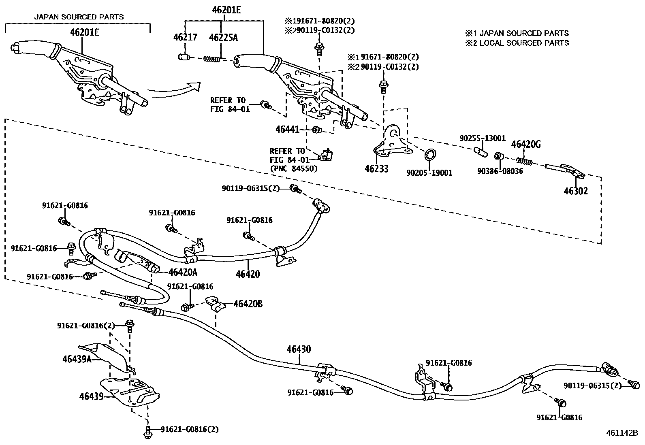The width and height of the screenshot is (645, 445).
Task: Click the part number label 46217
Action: pyautogui.click(x=185, y=37)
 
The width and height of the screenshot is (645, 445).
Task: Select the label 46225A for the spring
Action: pyautogui.click(x=223, y=37)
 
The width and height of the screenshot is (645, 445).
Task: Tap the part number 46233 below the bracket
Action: pyautogui.click(x=376, y=168)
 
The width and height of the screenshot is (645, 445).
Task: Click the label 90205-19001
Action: pyautogui.click(x=429, y=173)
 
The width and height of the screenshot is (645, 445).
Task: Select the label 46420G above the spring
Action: pyautogui.click(x=525, y=144)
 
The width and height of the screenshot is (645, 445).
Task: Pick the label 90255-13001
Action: pyautogui.click(x=482, y=138)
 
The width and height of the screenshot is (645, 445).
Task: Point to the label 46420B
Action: pyautogui.click(x=248, y=303)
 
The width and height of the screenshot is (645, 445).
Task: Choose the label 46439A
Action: pyautogui.click(x=77, y=359)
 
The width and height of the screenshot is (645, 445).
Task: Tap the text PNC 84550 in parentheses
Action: pyautogui.click(x=294, y=168)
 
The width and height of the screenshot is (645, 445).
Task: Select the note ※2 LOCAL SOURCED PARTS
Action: pyautogui.click(x=517, y=43)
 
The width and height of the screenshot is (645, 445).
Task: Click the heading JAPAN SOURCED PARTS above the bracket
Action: pyautogui.click(x=79, y=17)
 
